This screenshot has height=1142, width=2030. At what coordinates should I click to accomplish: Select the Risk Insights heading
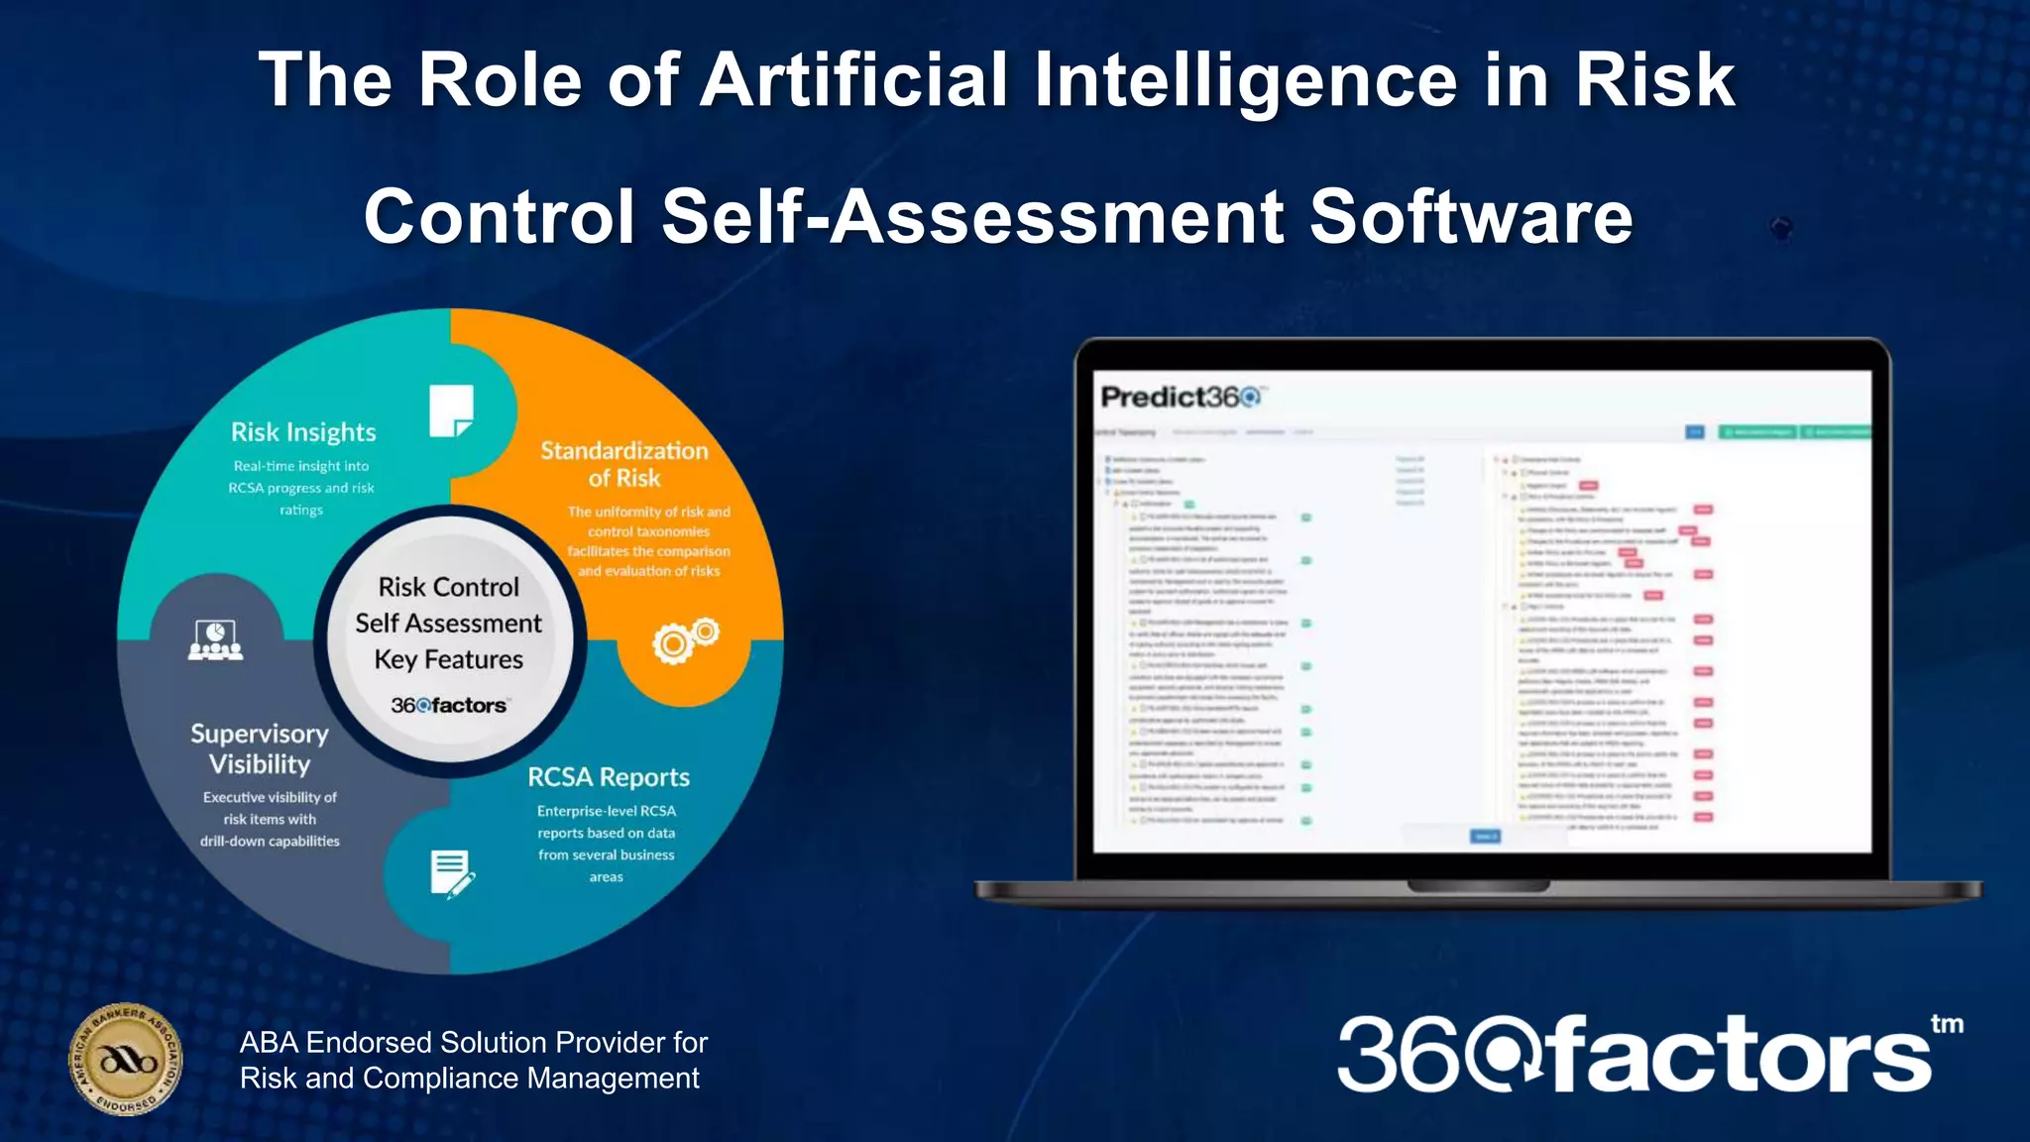click(303, 432)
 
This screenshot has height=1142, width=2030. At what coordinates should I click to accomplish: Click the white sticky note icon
click(451, 410)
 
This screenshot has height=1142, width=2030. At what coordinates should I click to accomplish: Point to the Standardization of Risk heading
click(624, 464)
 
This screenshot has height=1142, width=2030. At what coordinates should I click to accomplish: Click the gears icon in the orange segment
click(685, 639)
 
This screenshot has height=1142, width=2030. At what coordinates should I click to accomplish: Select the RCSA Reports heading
click(609, 777)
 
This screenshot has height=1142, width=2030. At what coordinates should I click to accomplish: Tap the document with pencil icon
click(452, 873)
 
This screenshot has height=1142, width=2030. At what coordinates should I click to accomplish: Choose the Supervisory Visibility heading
click(260, 748)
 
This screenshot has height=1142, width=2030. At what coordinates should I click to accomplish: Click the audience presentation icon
click(216, 640)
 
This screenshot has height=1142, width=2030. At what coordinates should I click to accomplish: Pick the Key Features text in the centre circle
click(449, 659)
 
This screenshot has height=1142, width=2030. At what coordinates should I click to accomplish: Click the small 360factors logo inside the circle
click(449, 706)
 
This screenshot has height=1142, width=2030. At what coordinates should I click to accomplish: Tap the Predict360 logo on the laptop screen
click(1181, 398)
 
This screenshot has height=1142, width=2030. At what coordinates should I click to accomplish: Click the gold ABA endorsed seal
click(126, 1059)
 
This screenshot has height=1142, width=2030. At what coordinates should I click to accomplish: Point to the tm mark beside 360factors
click(1947, 1024)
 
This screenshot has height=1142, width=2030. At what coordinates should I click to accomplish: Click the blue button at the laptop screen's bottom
click(1484, 837)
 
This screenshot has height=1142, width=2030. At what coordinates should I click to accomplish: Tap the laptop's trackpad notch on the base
click(1478, 884)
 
